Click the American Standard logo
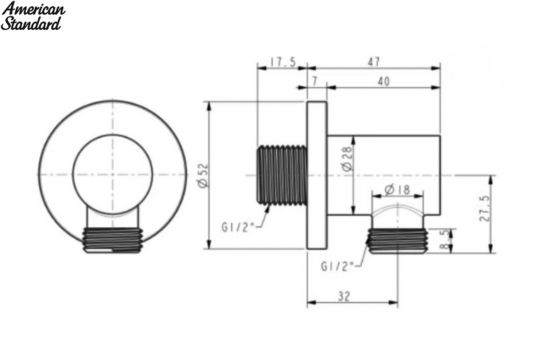pos(33,16)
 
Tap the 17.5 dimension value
pos(283,62)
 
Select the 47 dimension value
pos(374,62)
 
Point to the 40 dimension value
pos(383,81)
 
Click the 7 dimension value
pos(315,81)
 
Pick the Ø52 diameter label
pos(203,176)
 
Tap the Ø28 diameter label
pos(347,159)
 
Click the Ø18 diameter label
pos(397,189)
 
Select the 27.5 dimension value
pos(485,208)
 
